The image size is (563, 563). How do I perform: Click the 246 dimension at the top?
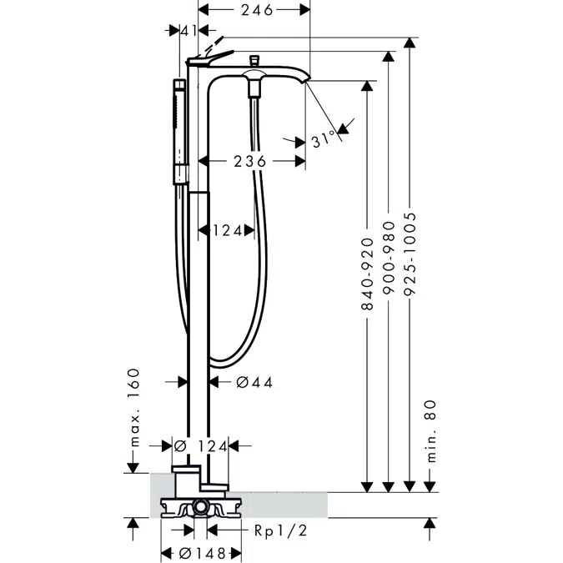tap(254, 11)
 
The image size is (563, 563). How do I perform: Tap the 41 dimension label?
tap(188, 31)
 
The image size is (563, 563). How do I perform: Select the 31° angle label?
tap(324, 139)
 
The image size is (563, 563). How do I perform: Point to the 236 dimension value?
tap(249, 162)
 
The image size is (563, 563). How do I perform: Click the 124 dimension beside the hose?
tap(226, 229)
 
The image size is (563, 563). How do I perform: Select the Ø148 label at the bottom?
tap(200, 552)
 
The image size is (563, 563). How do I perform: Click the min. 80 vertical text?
tap(430, 431)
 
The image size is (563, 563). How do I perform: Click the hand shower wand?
tap(178, 129)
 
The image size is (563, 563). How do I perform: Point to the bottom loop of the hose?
tap(225, 361)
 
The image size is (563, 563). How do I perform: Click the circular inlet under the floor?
tap(200, 506)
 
